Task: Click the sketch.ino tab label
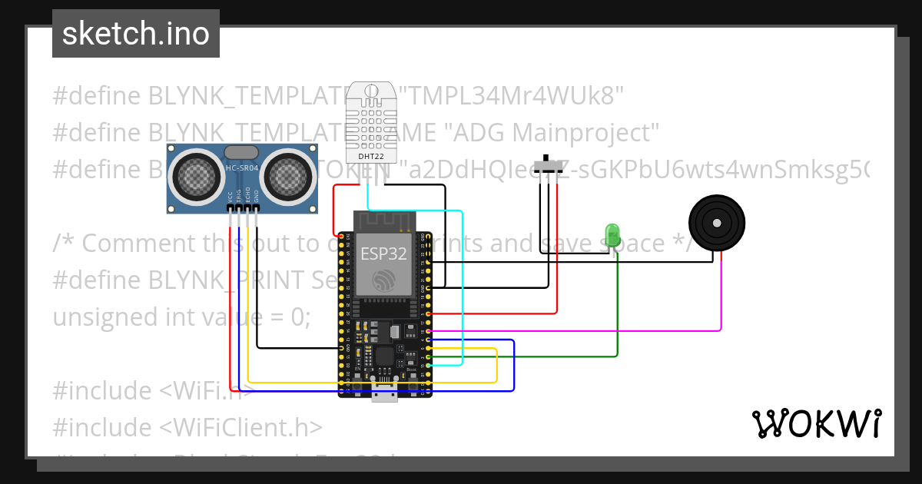pyautogui.click(x=135, y=35)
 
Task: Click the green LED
pyautogui.click(x=612, y=233)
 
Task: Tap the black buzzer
pyautogui.click(x=716, y=223)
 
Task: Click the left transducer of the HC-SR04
pyautogui.click(x=191, y=177)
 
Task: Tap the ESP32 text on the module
pyautogui.click(x=383, y=254)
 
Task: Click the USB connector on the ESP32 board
pyautogui.click(x=383, y=396)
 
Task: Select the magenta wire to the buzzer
pyautogui.click(x=721, y=307)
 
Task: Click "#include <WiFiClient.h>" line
pyautogui.click(x=187, y=427)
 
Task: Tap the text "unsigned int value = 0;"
pyautogui.click(x=181, y=317)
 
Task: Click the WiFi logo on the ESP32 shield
pyautogui.click(x=383, y=281)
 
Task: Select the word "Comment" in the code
pyautogui.click(x=134, y=243)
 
